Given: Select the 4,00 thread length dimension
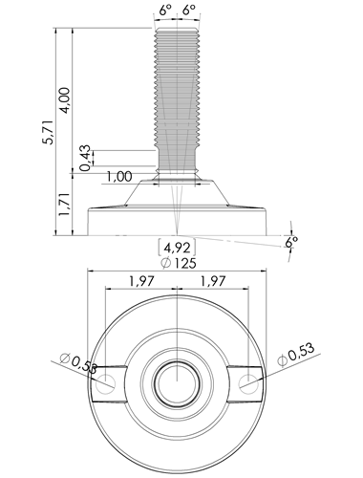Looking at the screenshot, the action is pyautogui.click(x=65, y=99).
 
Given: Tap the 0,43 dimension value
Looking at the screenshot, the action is pyautogui.click(x=85, y=158).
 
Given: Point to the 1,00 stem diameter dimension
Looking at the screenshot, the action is pyautogui.click(x=119, y=176).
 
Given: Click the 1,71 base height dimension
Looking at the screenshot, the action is pyautogui.click(x=65, y=204).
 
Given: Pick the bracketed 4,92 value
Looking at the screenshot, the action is pyautogui.click(x=177, y=248).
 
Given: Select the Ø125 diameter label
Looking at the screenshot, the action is pyautogui.click(x=179, y=263).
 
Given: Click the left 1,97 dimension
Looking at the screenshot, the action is pyautogui.click(x=141, y=281).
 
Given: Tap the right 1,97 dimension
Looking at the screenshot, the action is pyautogui.click(x=213, y=281).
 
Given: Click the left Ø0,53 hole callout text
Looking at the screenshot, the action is pyautogui.click(x=78, y=363).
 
